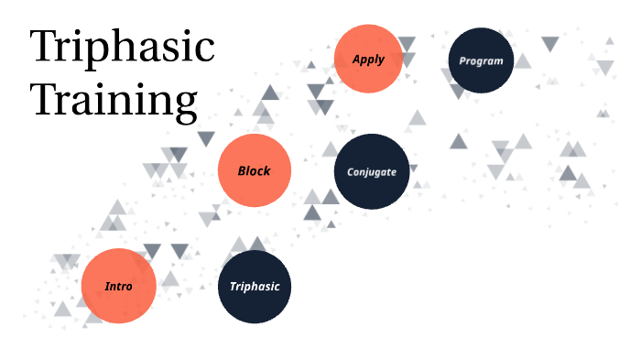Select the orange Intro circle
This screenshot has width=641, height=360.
(118, 286)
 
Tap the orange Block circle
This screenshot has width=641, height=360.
(254, 170)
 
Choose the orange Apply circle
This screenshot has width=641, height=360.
(368, 60)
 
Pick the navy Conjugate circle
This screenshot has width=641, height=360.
(371, 171)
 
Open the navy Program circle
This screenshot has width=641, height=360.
(482, 60)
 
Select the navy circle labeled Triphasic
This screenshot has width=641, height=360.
(255, 286)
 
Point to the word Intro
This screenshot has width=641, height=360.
(118, 286)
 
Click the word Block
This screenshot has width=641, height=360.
(254, 171)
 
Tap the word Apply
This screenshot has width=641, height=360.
(368, 60)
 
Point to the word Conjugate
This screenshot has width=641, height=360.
(371, 172)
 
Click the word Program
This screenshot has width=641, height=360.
(482, 61)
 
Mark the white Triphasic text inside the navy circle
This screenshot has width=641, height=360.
(255, 287)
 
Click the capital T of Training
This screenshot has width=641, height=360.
(48, 99)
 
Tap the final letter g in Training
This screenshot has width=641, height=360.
(185, 106)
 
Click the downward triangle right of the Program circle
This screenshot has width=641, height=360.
(549, 43)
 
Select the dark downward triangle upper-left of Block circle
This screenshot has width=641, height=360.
(206, 139)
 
